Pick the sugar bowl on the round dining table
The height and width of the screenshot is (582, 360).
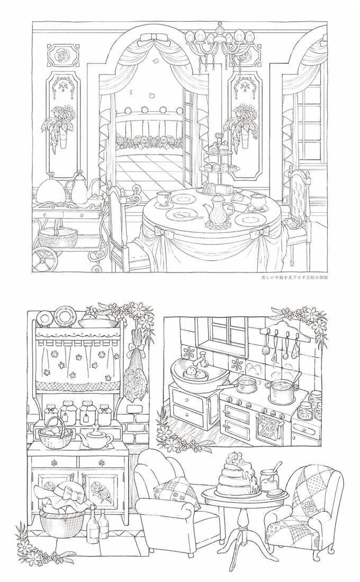pos(259,200)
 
